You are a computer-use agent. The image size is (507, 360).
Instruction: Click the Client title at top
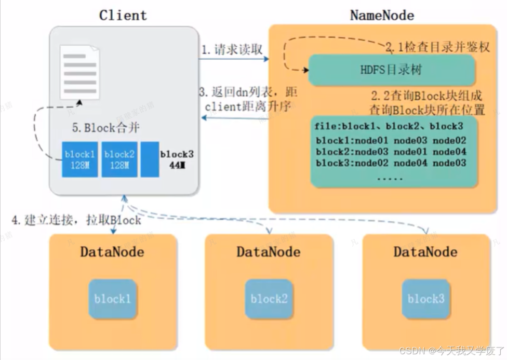point(123,15)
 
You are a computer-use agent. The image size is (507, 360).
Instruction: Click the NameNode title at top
point(382,15)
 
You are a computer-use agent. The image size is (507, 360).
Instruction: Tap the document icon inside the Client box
point(79,72)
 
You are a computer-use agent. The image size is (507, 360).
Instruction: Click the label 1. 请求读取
point(232,50)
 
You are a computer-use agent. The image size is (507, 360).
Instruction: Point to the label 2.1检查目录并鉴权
point(437,47)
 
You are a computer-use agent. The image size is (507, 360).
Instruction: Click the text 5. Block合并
point(106,127)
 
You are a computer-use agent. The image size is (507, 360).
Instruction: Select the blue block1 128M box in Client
point(80,159)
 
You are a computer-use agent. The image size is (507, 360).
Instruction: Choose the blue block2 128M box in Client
point(119,159)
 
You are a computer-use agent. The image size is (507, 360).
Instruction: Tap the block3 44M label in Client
point(176,159)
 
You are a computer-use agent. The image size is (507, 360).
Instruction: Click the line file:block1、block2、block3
point(389,127)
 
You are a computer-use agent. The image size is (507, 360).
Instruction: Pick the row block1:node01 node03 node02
point(391,140)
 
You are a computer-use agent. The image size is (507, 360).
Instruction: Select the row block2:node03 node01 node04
point(391,152)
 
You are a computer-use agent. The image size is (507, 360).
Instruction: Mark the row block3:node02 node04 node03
point(391,163)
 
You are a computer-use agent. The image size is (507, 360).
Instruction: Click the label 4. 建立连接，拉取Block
point(76,220)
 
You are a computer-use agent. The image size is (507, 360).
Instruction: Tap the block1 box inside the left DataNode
point(113,299)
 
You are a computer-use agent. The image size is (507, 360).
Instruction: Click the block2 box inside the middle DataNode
point(269,299)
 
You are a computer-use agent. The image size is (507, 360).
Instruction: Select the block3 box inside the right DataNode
point(426,299)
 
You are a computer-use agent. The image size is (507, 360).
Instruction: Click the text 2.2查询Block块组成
point(428,96)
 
